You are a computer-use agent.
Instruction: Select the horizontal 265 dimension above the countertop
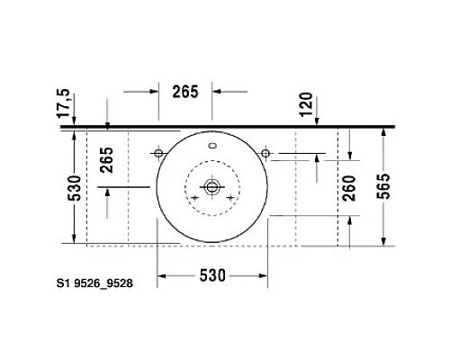[x=185, y=90]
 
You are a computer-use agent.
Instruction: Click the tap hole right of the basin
[x=265, y=152]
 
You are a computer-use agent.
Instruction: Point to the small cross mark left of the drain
[x=193, y=195]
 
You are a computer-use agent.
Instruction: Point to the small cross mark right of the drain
[x=231, y=195]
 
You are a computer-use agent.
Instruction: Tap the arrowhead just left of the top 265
[x=153, y=90]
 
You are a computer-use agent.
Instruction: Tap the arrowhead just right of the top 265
[x=217, y=90]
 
